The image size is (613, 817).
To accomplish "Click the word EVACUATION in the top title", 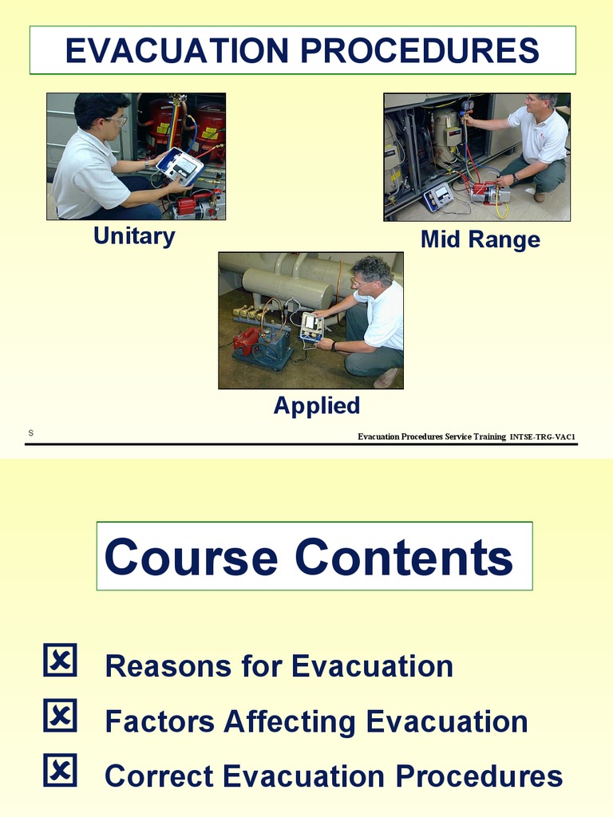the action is (176, 50).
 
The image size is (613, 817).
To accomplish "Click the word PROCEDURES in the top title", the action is (420, 50).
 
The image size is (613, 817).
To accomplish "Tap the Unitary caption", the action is (134, 236).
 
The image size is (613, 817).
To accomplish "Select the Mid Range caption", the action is (480, 239).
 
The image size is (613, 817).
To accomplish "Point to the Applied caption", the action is (317, 406).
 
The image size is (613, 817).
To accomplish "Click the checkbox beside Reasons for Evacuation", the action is (60, 660).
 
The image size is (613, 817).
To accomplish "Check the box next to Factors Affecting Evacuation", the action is (60, 716).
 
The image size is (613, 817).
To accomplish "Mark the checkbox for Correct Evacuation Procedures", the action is (60, 770).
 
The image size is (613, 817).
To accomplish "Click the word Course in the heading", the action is (191, 557).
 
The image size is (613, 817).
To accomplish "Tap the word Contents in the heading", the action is (404, 557).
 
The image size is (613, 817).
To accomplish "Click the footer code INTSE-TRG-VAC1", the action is (542, 436).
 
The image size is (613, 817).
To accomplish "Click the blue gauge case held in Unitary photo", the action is (180, 166).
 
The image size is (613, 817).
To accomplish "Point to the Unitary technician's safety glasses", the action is (117, 121).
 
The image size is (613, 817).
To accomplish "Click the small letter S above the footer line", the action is (31, 433).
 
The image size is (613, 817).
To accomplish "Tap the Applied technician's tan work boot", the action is (386, 377).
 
